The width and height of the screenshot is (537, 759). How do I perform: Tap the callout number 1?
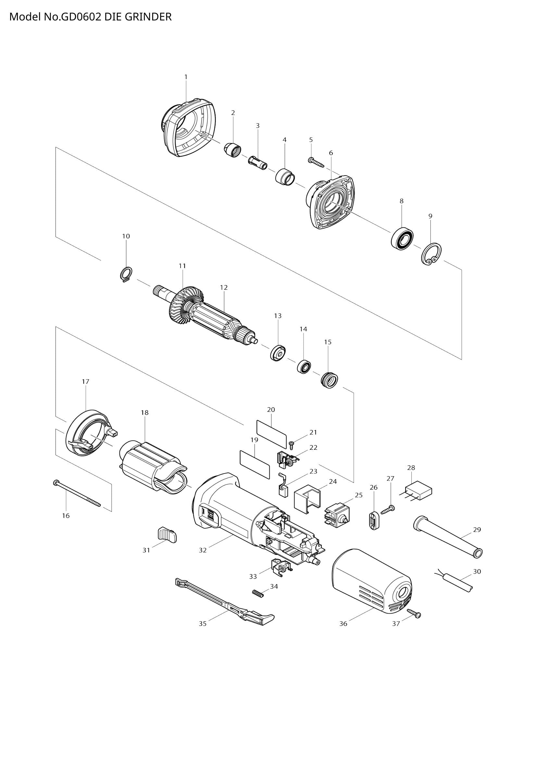(x=186, y=77)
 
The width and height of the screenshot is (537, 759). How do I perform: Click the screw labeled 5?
(x=316, y=162)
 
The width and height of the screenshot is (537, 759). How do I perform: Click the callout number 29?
(x=477, y=530)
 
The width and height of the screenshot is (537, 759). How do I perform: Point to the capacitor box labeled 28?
(x=419, y=490)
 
